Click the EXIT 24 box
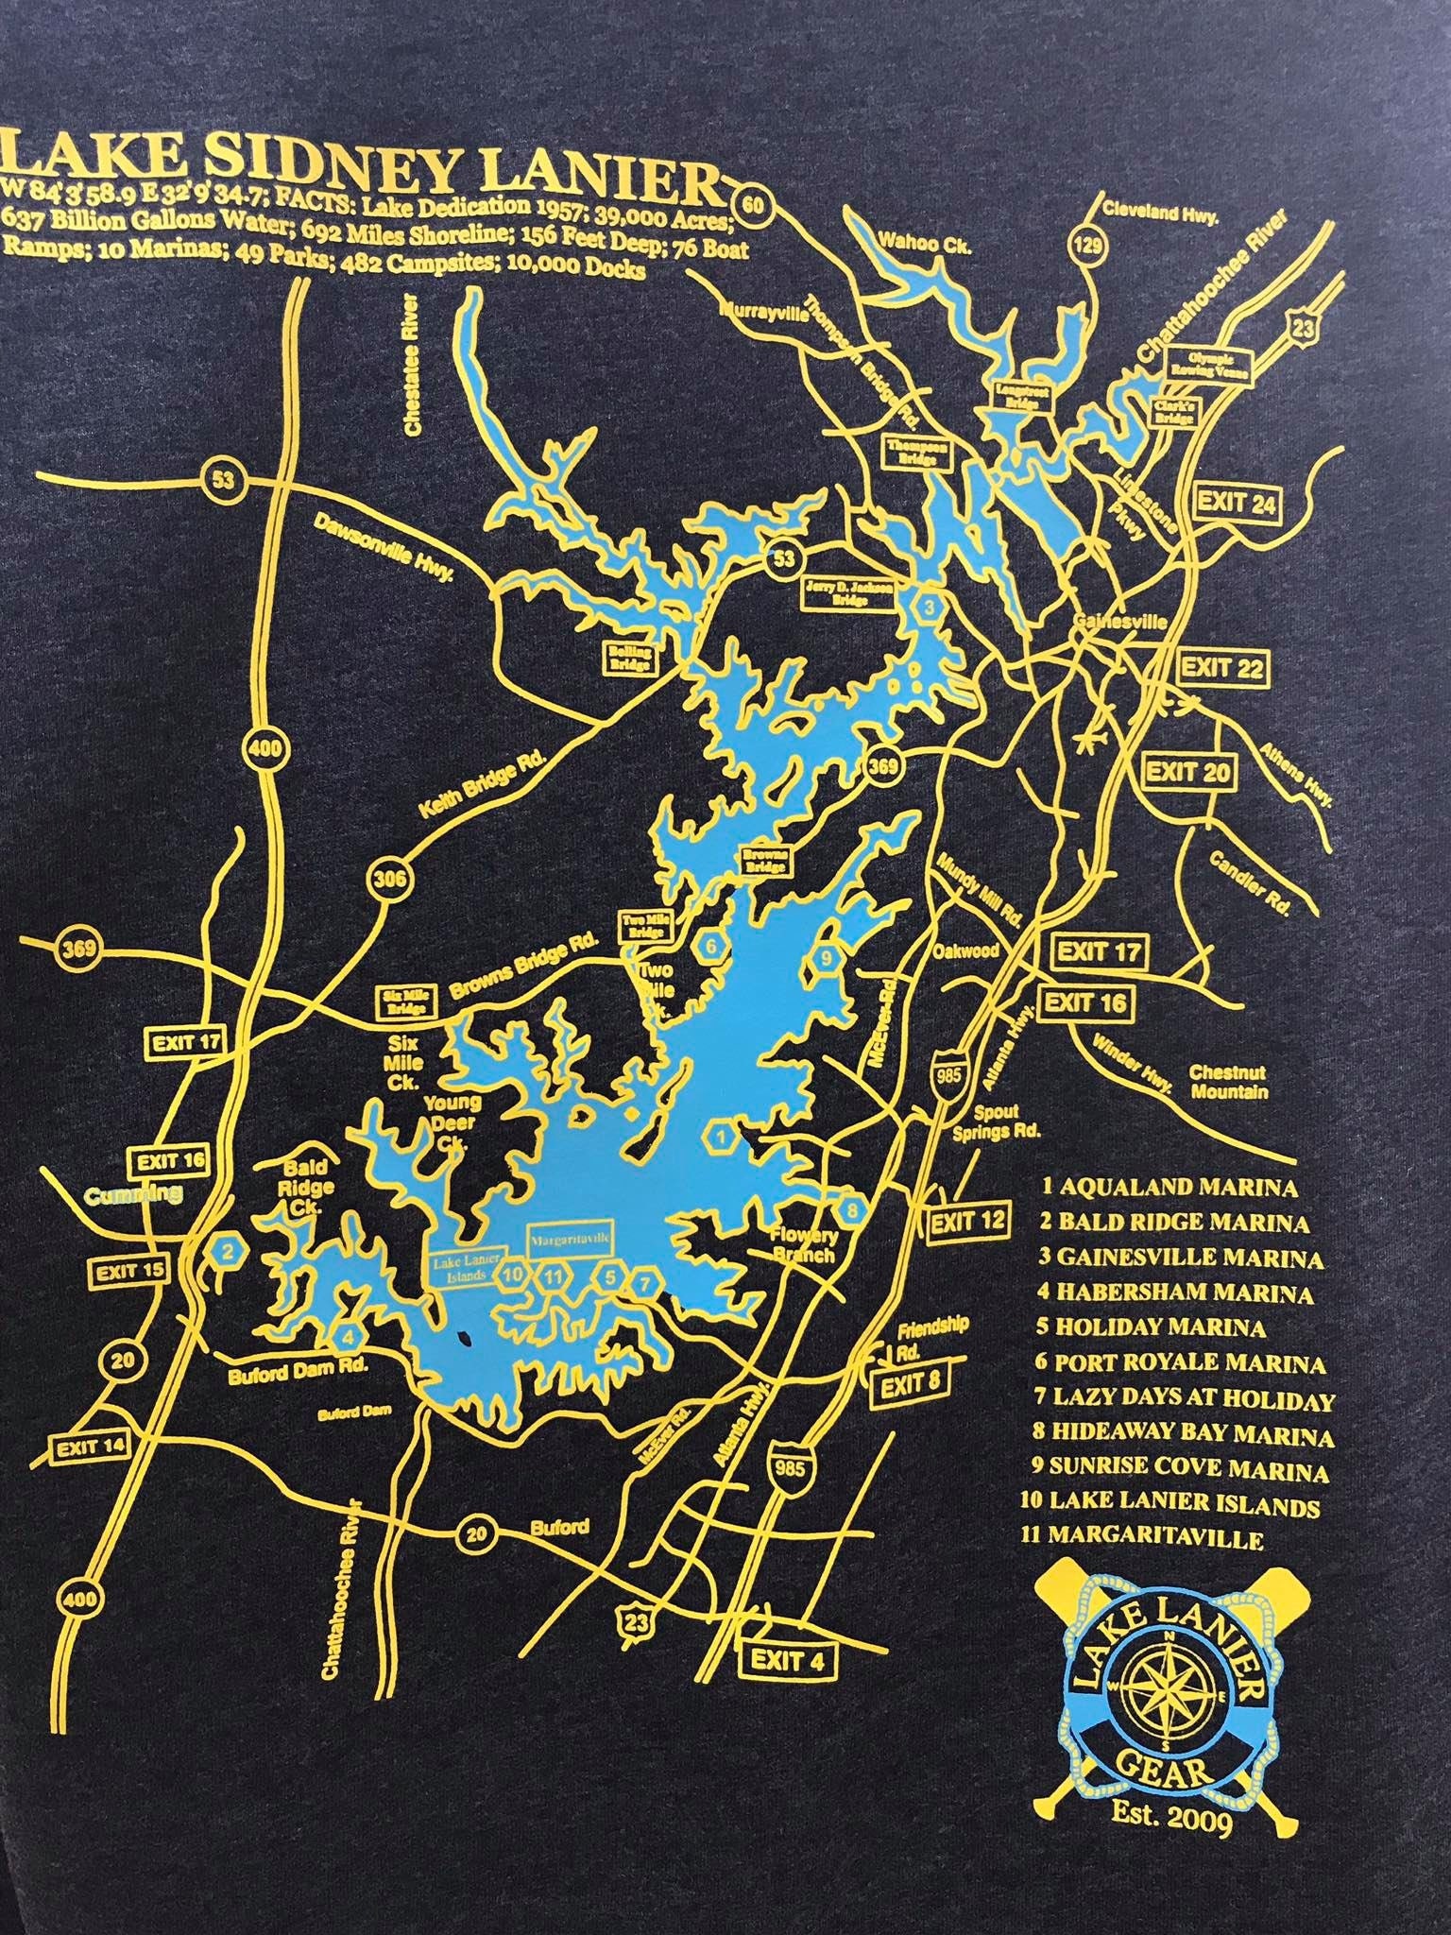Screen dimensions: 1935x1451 click(1237, 503)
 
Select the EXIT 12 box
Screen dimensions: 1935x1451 click(968, 1222)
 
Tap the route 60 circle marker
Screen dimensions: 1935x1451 click(752, 201)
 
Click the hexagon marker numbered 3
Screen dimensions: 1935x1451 click(930, 608)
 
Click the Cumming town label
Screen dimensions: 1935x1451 click(134, 1196)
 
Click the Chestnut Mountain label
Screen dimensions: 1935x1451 click(1227, 1083)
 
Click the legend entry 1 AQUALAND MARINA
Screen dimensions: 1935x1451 click(1170, 1186)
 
